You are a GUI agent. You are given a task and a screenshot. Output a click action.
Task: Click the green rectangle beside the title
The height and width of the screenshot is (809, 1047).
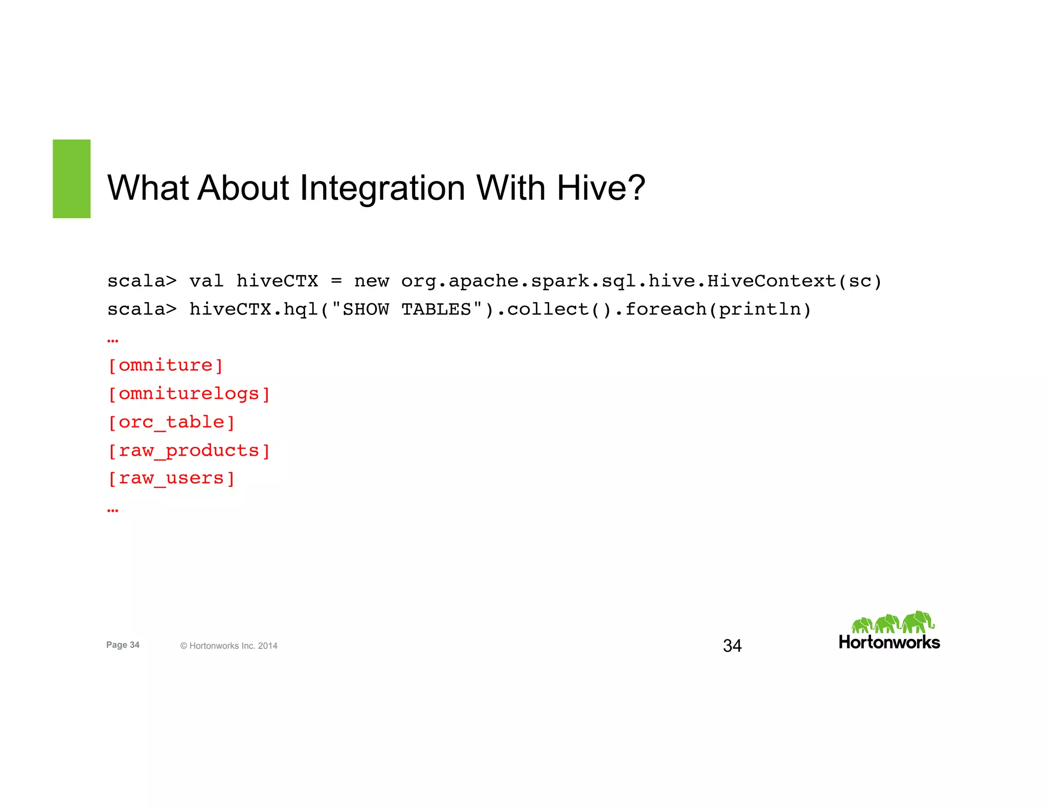pos(72,179)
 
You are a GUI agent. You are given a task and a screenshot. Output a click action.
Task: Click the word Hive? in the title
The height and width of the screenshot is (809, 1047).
pos(601,188)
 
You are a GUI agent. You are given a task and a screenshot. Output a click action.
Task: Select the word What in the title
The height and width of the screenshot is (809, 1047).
pos(148,188)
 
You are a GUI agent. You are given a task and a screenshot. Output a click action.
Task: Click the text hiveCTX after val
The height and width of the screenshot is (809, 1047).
pos(277,281)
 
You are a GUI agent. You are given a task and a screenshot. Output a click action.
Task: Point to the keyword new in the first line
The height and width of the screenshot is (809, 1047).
pos(372,281)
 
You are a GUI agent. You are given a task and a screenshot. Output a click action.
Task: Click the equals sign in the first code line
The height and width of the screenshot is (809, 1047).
pos(336,281)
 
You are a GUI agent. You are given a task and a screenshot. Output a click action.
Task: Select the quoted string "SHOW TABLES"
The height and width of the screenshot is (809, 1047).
pos(407,309)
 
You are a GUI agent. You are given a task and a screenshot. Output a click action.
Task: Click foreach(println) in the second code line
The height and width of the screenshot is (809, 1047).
pos(718,309)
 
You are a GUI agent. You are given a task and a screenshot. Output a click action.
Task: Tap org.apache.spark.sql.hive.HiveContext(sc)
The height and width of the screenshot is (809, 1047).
pos(641,281)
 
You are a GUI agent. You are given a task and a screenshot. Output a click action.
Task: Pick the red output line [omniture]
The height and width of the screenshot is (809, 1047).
pos(166,366)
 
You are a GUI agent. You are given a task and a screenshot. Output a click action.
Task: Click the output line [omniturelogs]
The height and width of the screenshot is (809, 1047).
pos(189,394)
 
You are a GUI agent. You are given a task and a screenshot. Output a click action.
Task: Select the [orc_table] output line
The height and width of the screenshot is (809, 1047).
pos(171,422)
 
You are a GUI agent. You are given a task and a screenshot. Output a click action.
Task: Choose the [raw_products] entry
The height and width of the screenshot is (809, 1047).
pos(189,451)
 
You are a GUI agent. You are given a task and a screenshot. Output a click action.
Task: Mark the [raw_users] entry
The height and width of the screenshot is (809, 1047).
pos(171,479)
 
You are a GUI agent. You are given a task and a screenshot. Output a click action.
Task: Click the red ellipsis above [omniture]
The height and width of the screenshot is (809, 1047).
pos(113,341)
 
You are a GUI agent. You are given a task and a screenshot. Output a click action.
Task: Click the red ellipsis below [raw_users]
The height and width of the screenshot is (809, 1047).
pos(113,510)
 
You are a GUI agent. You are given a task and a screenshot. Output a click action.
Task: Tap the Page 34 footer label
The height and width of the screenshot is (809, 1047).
pos(123,645)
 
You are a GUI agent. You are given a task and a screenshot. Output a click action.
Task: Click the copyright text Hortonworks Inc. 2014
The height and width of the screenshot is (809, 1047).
pos(229,646)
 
